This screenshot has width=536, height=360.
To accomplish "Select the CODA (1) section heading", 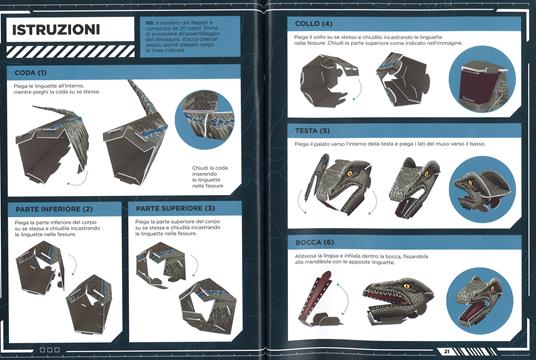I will point(31,73).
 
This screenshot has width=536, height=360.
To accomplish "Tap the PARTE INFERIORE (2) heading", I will point(54,208).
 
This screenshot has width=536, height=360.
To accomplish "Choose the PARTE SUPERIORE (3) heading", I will point(176,208).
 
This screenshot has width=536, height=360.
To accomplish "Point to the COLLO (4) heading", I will point(314,22).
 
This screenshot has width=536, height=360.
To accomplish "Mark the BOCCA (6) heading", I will point(316,242).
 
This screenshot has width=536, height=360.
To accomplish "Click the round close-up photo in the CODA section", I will point(204,120).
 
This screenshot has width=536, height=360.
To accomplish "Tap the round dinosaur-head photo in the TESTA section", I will point(479,185).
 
